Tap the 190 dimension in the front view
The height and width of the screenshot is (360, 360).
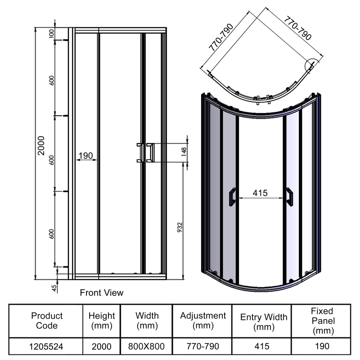[x=85, y=156]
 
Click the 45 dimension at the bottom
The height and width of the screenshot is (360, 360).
[x=54, y=288]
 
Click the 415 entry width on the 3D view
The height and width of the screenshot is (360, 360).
[x=260, y=193]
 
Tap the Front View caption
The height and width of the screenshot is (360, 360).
[x=101, y=293]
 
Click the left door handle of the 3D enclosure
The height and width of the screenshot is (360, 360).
[x=232, y=197]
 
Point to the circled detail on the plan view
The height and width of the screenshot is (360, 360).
[x=311, y=66]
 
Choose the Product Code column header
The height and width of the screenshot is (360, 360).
[x=47, y=320]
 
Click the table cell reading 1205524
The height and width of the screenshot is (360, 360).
[x=47, y=347]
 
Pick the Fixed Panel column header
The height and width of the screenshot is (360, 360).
[x=322, y=320]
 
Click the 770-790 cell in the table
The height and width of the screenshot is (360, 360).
[x=202, y=347]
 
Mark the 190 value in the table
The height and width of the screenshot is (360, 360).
[x=322, y=347]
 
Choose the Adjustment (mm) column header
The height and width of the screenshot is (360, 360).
[x=202, y=320]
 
